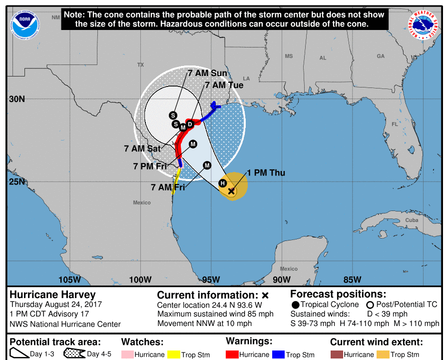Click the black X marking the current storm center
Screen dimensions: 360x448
(231, 190)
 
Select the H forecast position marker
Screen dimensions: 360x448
(223, 183)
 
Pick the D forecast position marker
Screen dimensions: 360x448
(190, 123)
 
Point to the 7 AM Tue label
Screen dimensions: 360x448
(224, 85)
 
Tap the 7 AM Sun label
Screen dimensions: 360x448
(207, 73)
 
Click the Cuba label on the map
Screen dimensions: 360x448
(412, 220)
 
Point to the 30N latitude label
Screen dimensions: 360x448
(16, 99)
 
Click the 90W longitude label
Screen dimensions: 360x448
(282, 279)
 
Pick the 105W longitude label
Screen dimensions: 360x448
(69, 279)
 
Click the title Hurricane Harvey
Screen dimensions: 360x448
(52, 294)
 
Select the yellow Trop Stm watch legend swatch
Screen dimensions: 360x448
(174, 354)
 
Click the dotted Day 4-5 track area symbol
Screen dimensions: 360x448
(74, 354)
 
